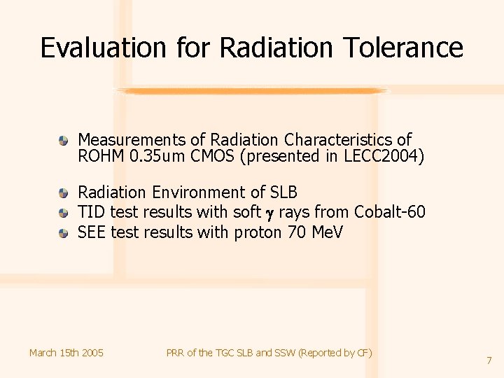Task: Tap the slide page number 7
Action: coord(489,360)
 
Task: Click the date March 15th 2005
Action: coord(66,353)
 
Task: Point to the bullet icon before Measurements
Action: coord(64,140)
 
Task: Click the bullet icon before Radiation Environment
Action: coord(64,192)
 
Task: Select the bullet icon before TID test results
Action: coord(64,212)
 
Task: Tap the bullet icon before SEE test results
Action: coord(64,232)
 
